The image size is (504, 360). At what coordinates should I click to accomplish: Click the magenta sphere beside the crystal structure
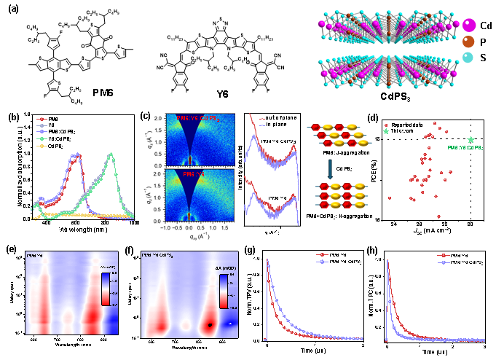[x=469, y=26]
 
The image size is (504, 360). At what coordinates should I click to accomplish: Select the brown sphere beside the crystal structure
[x=468, y=42]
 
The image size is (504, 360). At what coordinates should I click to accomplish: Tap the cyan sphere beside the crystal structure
[x=468, y=58]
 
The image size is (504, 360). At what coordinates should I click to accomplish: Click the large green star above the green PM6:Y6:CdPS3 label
[x=471, y=139]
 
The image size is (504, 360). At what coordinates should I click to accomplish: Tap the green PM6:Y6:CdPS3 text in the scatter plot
[x=465, y=148]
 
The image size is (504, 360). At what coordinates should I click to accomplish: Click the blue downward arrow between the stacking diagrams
[x=330, y=169]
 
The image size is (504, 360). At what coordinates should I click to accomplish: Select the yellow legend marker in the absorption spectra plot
[x=42, y=146]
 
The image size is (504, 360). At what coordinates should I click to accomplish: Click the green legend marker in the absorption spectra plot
[x=42, y=138]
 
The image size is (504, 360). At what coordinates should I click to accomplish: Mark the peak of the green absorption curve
[x=111, y=154]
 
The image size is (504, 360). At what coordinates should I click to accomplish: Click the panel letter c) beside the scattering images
[x=146, y=117]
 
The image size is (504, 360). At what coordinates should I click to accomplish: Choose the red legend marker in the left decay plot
[x=321, y=255]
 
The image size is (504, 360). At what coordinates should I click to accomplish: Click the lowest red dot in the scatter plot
[x=438, y=216]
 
